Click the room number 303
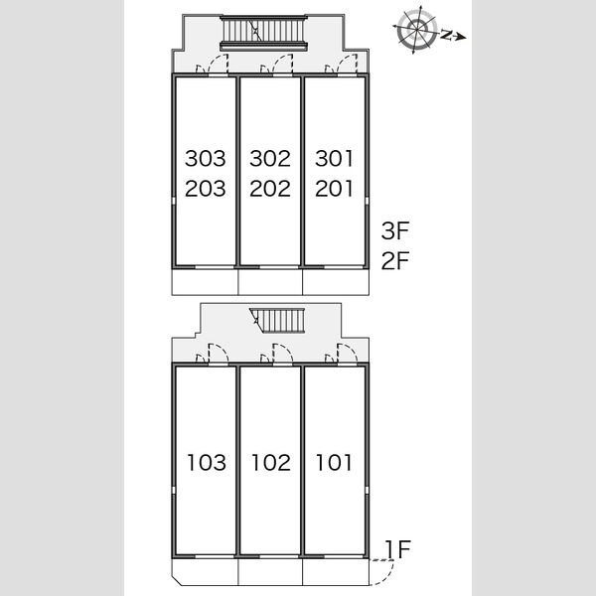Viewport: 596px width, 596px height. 206,158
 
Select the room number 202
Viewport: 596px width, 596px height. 270,189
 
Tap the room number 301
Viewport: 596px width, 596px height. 334,158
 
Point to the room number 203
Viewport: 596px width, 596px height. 206,189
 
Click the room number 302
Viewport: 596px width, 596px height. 270,158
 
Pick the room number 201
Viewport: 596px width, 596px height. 334,189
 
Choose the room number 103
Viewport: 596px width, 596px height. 207,463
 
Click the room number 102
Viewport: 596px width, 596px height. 271,463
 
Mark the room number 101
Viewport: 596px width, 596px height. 334,463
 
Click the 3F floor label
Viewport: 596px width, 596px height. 395,230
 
